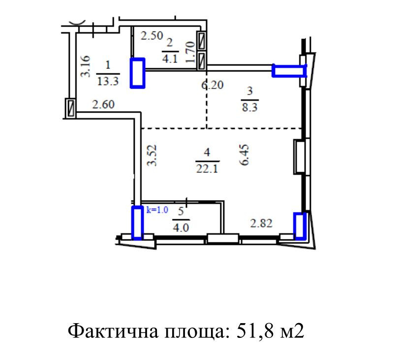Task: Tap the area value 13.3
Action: point(108,82)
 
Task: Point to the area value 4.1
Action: point(170,57)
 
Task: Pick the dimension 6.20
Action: point(212,85)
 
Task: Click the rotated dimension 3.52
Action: point(153,155)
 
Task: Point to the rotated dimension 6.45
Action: point(245,155)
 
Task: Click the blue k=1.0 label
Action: point(157,210)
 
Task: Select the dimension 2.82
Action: point(261,224)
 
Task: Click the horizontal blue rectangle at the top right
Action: point(289,71)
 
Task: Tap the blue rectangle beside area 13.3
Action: point(138,73)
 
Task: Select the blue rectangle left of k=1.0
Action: point(137,222)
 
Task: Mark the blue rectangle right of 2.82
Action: point(300,225)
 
